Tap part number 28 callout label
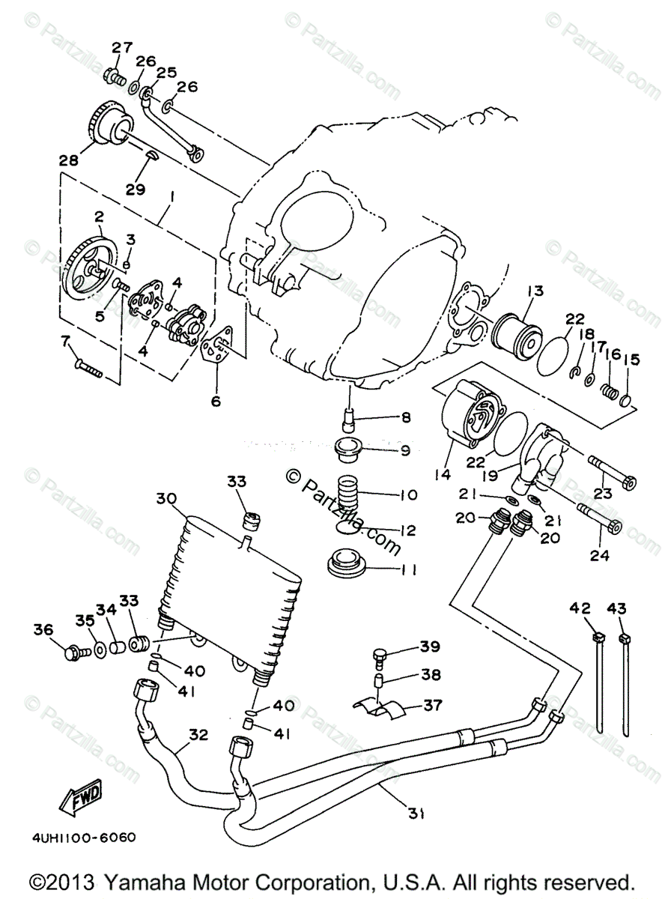68,159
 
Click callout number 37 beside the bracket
433,705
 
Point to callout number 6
216,400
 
